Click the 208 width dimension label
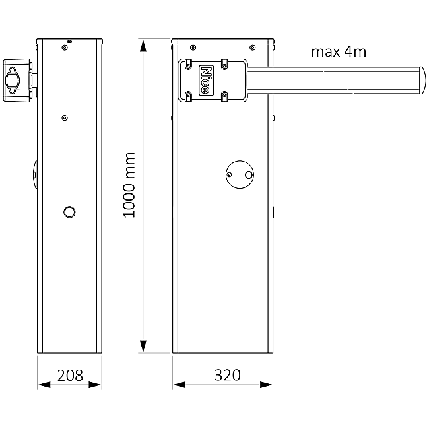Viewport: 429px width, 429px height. coord(70,376)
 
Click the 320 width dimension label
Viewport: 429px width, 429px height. coord(228,375)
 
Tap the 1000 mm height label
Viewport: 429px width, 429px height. coord(129,185)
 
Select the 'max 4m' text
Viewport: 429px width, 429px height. coord(339,51)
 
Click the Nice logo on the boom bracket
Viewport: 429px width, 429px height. coord(207,81)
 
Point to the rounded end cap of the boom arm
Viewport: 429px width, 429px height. coord(422,81)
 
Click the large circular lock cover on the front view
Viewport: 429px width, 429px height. coord(240,174)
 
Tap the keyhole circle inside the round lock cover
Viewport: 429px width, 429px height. coord(249,174)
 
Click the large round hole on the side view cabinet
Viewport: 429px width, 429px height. coord(69,212)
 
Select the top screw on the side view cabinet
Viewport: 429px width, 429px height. coord(65,48)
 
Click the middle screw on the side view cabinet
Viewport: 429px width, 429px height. coord(65,118)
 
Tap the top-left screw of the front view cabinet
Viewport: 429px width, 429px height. coord(193,48)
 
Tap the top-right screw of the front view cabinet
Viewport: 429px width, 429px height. coord(253,48)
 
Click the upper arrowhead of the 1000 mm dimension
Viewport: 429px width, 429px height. coord(143,46)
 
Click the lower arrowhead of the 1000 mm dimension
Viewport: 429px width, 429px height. coord(143,346)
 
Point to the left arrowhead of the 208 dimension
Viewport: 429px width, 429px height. coord(44,385)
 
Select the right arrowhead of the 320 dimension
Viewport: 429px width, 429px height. coord(266,385)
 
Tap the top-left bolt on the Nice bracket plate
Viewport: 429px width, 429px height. coord(188,65)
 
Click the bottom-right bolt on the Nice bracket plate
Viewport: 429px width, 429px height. coord(224,96)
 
